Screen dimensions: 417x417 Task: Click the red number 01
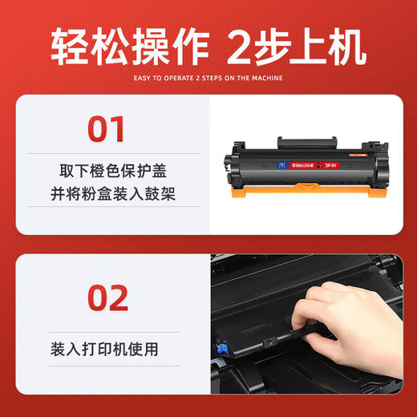point(107,129)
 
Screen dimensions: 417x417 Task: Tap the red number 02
point(107,298)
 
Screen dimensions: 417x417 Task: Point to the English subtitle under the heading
point(208,79)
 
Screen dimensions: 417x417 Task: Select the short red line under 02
point(107,324)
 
